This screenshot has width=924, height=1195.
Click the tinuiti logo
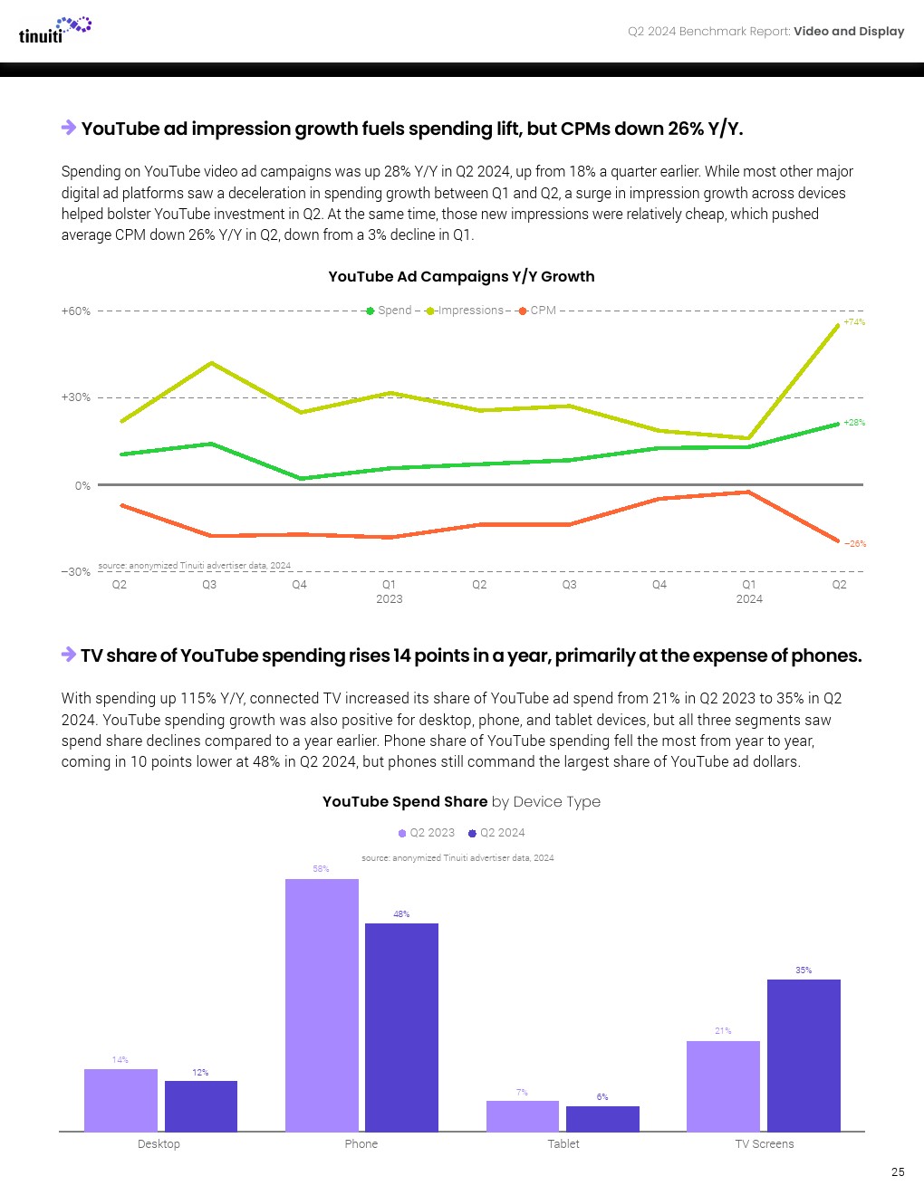click(54, 30)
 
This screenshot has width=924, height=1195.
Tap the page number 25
click(898, 1171)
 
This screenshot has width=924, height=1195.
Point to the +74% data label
click(854, 322)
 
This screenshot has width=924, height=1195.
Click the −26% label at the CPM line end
click(855, 544)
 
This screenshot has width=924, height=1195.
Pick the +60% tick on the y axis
click(76, 311)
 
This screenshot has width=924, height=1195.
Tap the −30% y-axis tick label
click(76, 572)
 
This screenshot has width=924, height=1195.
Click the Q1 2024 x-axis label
click(749, 591)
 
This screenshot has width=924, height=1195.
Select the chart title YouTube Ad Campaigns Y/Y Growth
click(461, 276)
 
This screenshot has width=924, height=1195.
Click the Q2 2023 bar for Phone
click(322, 1005)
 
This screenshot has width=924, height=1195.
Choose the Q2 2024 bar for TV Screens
click(804, 1055)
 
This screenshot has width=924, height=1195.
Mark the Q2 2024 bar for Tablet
click(602, 1119)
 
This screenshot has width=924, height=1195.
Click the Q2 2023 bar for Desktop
click(120, 1100)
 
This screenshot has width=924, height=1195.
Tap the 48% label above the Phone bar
click(401, 914)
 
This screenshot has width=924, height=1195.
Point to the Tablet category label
click(563, 1144)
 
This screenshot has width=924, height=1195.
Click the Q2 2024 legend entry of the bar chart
click(496, 833)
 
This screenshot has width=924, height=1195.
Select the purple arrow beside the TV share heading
click(69, 655)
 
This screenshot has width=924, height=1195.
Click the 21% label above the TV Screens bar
click(723, 1031)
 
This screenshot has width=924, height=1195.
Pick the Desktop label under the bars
click(159, 1144)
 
